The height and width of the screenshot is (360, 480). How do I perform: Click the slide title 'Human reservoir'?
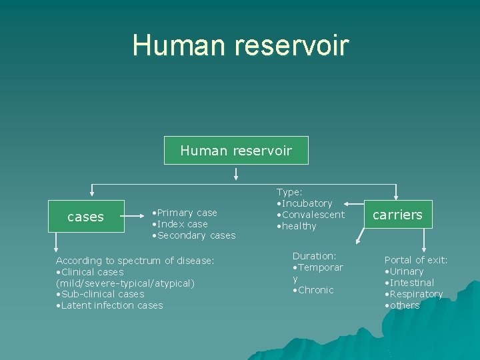point(240,45)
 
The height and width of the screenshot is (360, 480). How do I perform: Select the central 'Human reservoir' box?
point(236,151)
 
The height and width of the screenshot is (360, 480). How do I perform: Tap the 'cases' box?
point(85,217)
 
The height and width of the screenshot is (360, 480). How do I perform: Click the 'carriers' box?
point(397,215)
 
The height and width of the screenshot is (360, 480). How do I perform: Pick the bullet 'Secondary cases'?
point(195,235)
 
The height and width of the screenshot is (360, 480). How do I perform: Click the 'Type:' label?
point(290,192)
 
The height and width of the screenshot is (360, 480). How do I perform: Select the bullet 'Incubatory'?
point(306,203)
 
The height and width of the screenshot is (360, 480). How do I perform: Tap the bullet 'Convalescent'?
point(312,215)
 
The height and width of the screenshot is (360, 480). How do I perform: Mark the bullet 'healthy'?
point(298,226)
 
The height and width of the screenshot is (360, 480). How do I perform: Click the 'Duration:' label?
point(314,256)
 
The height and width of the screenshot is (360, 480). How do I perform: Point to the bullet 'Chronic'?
point(315,290)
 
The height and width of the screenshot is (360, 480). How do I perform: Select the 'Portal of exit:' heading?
point(416,260)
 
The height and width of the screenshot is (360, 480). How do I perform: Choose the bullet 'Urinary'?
point(405,271)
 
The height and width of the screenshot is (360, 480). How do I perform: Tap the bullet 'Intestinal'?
point(411,283)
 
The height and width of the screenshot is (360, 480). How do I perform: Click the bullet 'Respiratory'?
point(415,294)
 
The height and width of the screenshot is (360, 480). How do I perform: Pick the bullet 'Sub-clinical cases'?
point(101,294)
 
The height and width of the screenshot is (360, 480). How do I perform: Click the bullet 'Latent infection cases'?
point(111,305)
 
